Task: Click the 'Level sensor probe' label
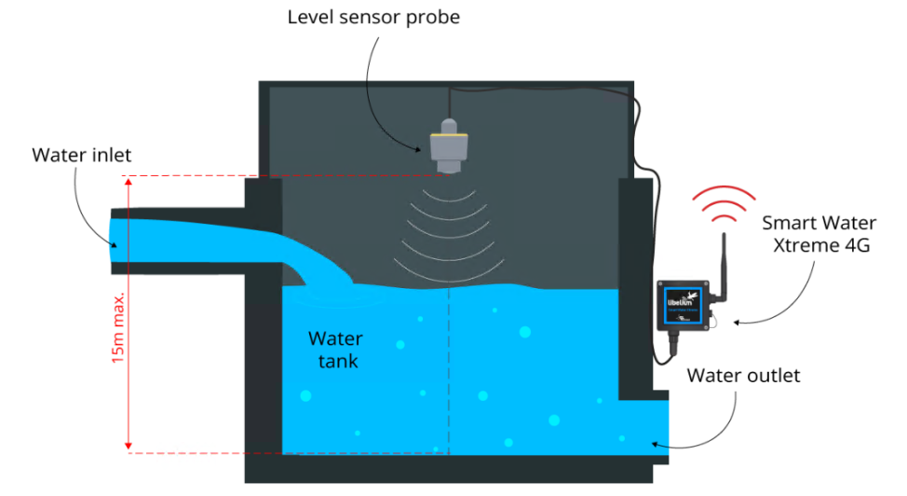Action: (373, 17)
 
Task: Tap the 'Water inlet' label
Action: (82, 154)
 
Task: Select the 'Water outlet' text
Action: (743, 376)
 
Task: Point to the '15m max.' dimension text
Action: (119, 318)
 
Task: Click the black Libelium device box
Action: (687, 302)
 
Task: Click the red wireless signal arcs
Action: (724, 206)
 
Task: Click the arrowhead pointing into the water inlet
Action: (115, 245)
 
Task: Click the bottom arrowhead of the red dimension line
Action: (129, 447)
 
